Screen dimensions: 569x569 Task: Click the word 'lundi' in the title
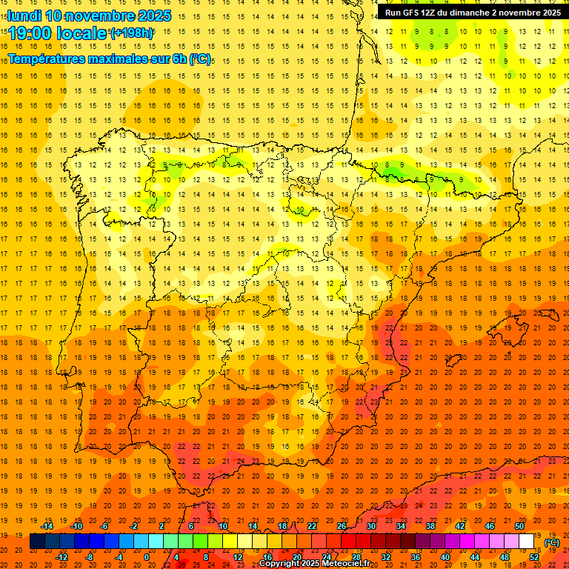click(24, 16)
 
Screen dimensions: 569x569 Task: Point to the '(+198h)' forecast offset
click(131, 33)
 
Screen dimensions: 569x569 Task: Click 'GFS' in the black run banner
click(411, 13)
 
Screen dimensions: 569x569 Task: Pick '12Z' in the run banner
click(431, 13)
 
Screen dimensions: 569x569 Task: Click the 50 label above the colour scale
click(519, 526)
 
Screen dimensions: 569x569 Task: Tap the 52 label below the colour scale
click(534, 557)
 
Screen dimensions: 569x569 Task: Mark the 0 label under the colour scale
click(147, 557)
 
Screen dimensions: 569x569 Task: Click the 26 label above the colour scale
click(342, 526)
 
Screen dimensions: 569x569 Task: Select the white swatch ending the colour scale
click(527, 542)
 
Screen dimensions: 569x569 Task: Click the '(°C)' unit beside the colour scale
click(552, 542)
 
